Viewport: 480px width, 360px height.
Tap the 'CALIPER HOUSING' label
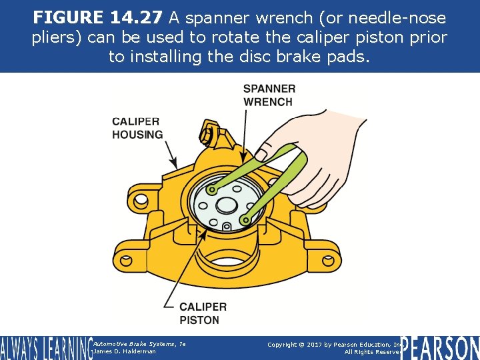pyautogui.click(x=137, y=128)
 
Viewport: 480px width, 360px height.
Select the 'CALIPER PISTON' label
pyautogui.click(x=203, y=313)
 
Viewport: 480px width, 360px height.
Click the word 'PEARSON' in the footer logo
pyautogui.click(x=440, y=347)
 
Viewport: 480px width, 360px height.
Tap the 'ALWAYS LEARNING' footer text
pyautogui.click(x=45, y=348)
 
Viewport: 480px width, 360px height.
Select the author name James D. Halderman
pyautogui.click(x=125, y=351)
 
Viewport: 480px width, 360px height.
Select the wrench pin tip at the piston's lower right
pyautogui.click(x=245, y=219)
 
